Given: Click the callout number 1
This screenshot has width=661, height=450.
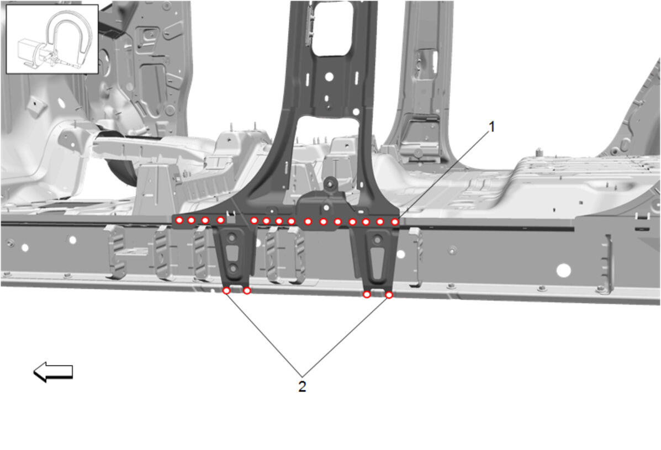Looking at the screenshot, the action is (x=491, y=127).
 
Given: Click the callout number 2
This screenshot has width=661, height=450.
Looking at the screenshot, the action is (x=302, y=387).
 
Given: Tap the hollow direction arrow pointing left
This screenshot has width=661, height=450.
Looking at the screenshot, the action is (x=53, y=372).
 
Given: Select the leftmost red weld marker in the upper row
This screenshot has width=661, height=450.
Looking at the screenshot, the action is (x=179, y=220).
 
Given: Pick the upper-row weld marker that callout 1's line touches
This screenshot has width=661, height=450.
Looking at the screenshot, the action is (x=395, y=221).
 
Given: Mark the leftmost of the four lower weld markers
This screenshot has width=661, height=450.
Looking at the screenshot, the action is (x=226, y=290).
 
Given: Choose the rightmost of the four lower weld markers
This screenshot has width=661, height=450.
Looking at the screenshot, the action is (x=389, y=295).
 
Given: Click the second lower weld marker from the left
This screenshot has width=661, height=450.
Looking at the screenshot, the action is (x=247, y=291).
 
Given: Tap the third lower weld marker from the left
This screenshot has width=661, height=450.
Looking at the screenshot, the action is (x=367, y=294).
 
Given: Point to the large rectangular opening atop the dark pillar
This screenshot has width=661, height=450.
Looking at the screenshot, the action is (x=332, y=28).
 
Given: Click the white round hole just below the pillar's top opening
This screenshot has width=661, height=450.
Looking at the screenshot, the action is (x=329, y=77).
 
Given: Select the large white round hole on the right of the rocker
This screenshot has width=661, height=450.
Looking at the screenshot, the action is (x=564, y=271).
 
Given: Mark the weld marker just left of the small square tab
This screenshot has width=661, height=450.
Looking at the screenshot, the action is (x=220, y=220).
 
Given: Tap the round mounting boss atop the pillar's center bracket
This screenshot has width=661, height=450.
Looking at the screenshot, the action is (x=330, y=183).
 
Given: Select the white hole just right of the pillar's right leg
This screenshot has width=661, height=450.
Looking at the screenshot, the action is (x=401, y=254).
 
